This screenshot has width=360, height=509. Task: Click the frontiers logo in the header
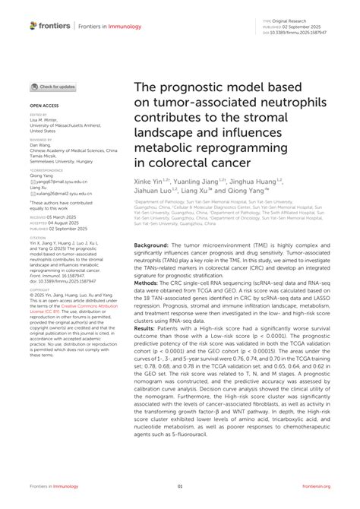(49, 25)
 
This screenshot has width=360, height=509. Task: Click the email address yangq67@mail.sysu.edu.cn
(62, 182)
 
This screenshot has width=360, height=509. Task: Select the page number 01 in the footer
(180, 487)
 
